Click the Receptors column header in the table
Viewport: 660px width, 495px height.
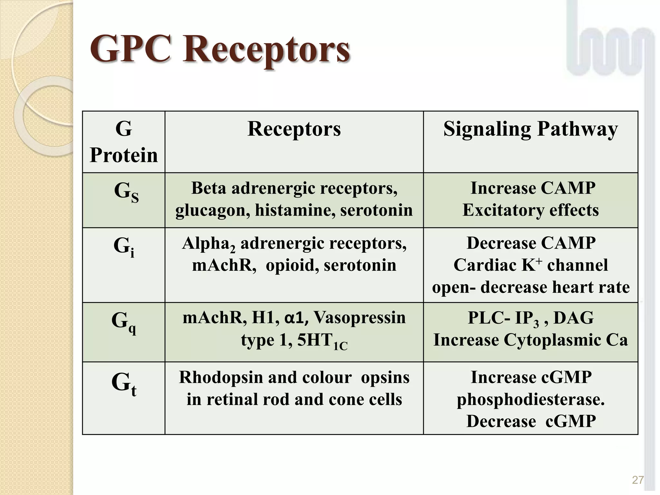pos(294,129)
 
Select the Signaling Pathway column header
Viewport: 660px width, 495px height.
pos(530,129)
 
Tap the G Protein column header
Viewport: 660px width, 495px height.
pos(124,142)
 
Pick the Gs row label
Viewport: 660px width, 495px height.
pos(126,192)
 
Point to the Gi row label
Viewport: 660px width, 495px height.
pos(124,247)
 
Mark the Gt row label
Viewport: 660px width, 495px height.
pos(124,383)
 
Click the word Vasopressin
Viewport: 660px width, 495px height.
pos(359,317)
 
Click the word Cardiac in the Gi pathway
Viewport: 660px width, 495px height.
pos(485,265)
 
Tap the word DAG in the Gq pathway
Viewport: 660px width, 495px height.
pos(573,318)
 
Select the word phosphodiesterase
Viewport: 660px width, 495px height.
pos(530,400)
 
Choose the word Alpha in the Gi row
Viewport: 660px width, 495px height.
pos(206,243)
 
